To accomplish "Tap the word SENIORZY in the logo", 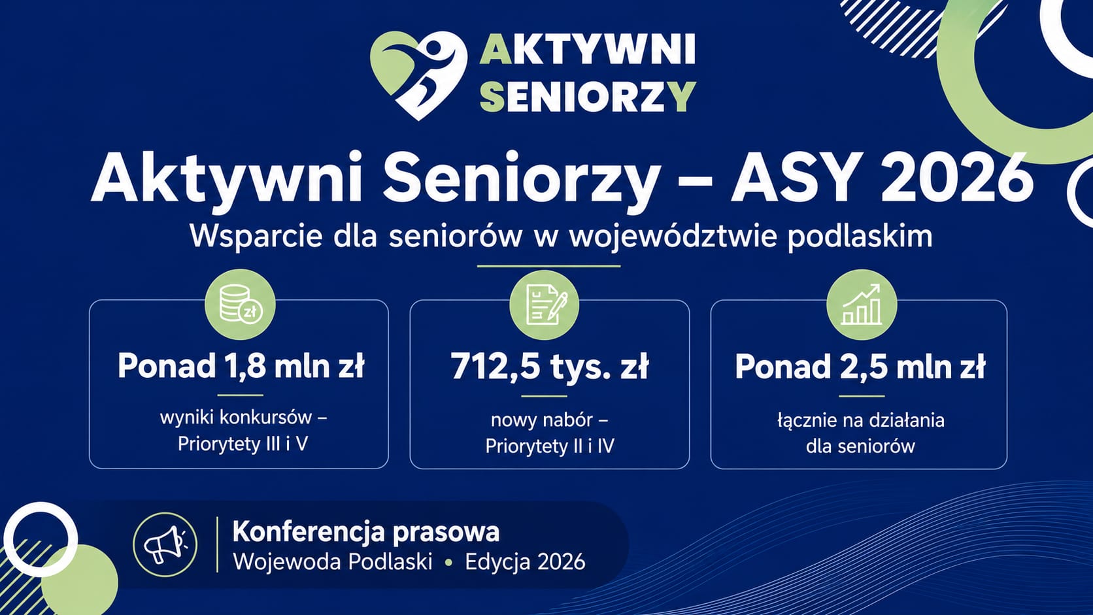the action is pyautogui.click(x=588, y=97).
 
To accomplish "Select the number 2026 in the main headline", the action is pyautogui.click(x=957, y=177).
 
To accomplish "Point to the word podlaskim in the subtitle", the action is pyautogui.click(x=860, y=237).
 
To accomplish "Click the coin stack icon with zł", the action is pyautogui.click(x=240, y=305).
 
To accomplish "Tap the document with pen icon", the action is pyautogui.click(x=545, y=305).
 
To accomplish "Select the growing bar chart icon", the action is pyautogui.click(x=862, y=305).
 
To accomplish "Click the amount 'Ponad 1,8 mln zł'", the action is pyautogui.click(x=241, y=366).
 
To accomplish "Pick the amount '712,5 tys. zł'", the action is pyautogui.click(x=550, y=366).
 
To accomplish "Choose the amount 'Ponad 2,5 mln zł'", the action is pyautogui.click(x=860, y=366).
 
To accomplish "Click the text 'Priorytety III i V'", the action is pyautogui.click(x=243, y=444).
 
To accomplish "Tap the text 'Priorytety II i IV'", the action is pyautogui.click(x=550, y=446).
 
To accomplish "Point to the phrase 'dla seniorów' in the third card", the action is pyautogui.click(x=860, y=446).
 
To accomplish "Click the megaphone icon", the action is pyautogui.click(x=165, y=544).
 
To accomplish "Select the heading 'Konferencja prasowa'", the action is pyautogui.click(x=366, y=531).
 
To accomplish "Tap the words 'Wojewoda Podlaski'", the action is pyautogui.click(x=333, y=562).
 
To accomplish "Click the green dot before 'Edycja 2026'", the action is pyautogui.click(x=448, y=563).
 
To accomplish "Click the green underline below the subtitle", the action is pyautogui.click(x=548, y=266).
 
